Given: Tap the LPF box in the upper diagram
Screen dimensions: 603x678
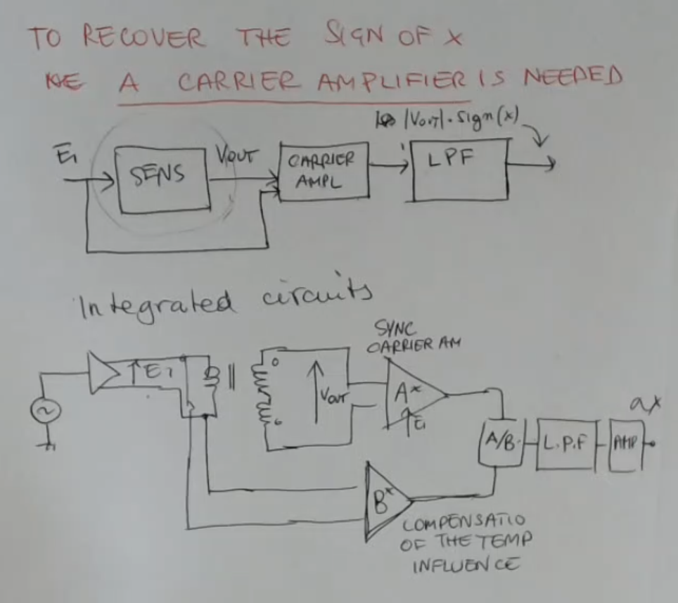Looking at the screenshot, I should [459, 170].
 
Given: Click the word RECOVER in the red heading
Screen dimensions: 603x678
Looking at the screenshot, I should [143, 37].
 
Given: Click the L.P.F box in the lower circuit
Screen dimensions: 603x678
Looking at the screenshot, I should [565, 444].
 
